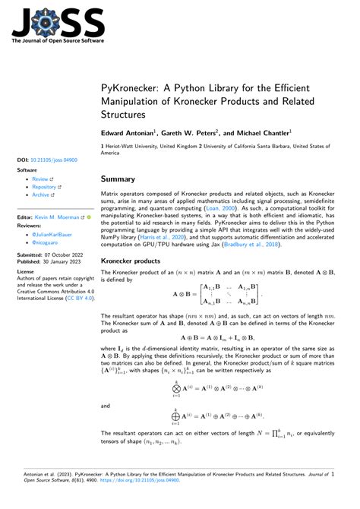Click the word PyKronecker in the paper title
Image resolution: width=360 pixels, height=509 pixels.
click(x=128, y=88)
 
